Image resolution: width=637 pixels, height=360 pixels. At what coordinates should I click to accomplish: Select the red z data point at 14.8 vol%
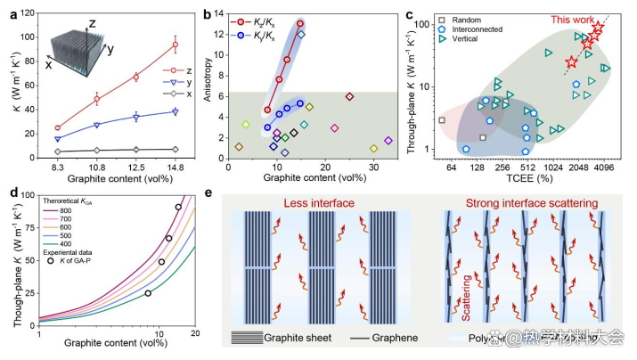pyautogui.click(x=176, y=45)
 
